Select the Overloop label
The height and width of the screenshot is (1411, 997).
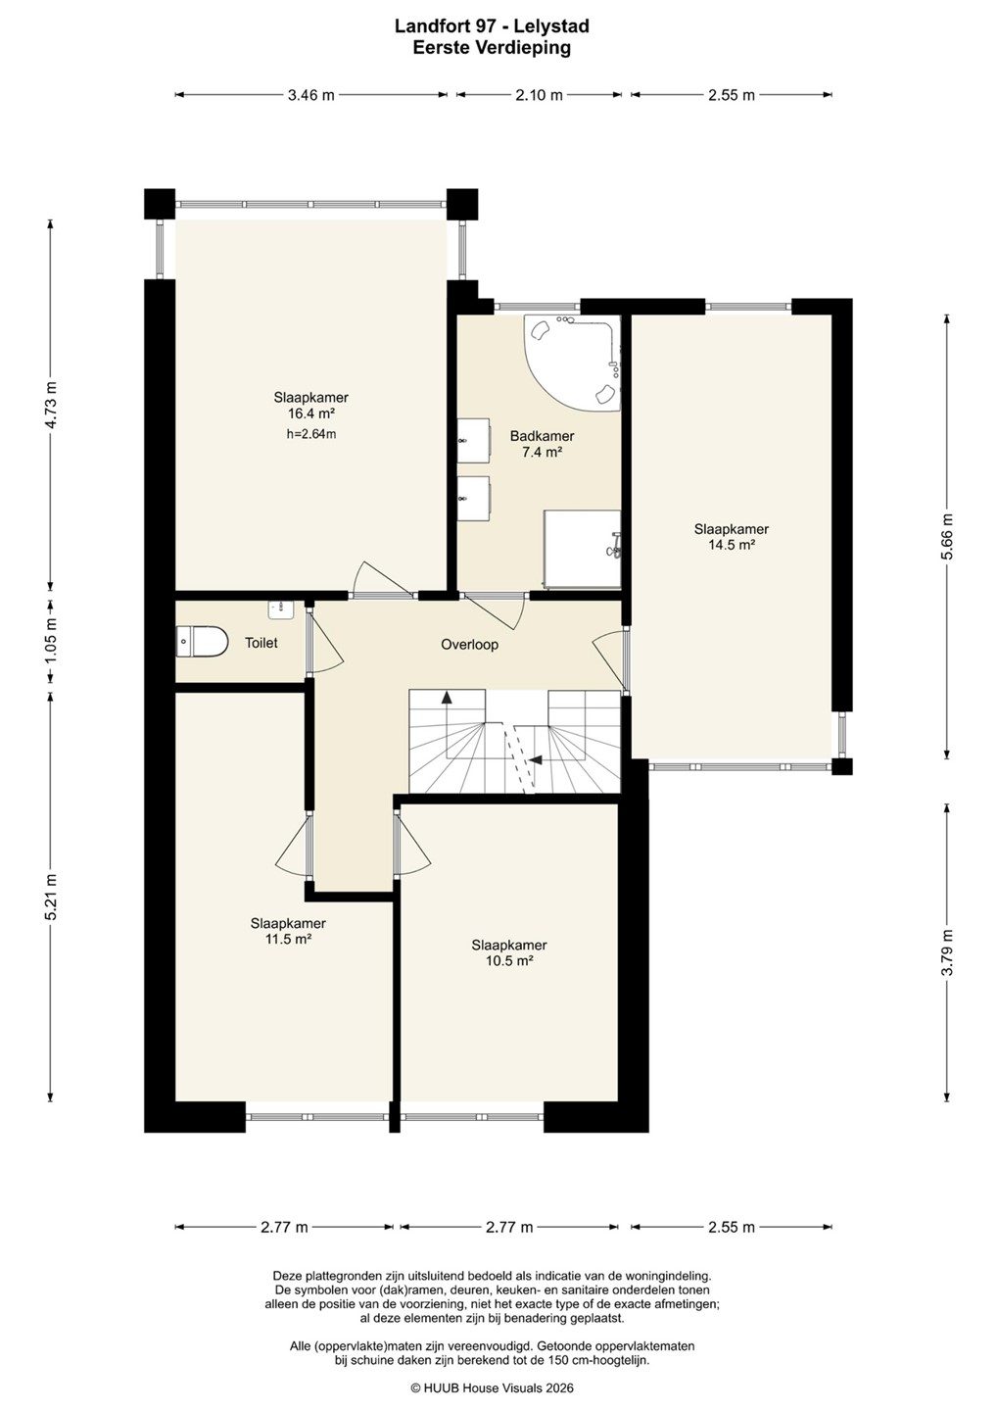coord(469,645)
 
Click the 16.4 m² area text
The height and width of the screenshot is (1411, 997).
coord(310,414)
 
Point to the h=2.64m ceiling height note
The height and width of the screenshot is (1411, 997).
coord(310,433)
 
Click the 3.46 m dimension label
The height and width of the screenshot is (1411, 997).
coord(310,95)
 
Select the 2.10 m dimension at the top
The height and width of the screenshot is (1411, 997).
coord(539,95)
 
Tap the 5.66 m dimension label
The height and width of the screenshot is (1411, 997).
coord(947,537)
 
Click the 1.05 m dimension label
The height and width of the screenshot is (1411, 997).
coord(51,638)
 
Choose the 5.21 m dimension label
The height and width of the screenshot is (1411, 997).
coord(51,897)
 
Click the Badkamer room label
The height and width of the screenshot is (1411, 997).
coord(542,435)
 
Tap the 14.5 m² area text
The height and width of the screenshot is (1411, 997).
coord(732,545)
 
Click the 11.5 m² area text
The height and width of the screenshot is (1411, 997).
coord(288,939)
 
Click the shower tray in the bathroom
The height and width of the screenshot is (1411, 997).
coord(582,550)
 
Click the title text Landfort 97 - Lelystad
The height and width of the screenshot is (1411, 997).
coord(492,26)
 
